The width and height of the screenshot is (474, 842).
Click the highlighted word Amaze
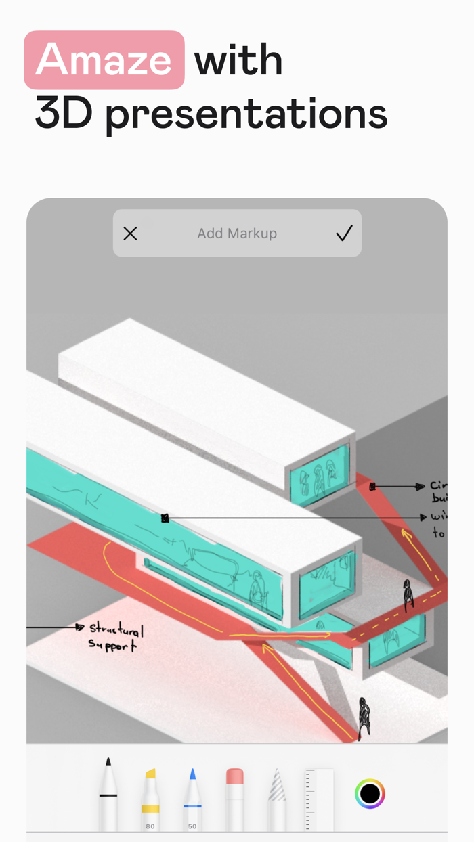(x=104, y=60)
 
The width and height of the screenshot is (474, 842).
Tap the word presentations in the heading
(x=246, y=115)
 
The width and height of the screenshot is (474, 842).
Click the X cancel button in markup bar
(x=130, y=234)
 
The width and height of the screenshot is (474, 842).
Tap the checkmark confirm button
(x=344, y=234)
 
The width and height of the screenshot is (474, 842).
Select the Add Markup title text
(x=237, y=234)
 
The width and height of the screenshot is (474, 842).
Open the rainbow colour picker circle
(x=370, y=793)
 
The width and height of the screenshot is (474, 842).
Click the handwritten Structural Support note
(x=116, y=637)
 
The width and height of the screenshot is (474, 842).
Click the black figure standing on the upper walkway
(x=408, y=596)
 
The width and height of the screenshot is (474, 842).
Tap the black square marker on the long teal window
(x=165, y=518)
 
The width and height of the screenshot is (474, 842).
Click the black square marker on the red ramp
(x=372, y=487)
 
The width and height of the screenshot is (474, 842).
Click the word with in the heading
(x=238, y=60)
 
